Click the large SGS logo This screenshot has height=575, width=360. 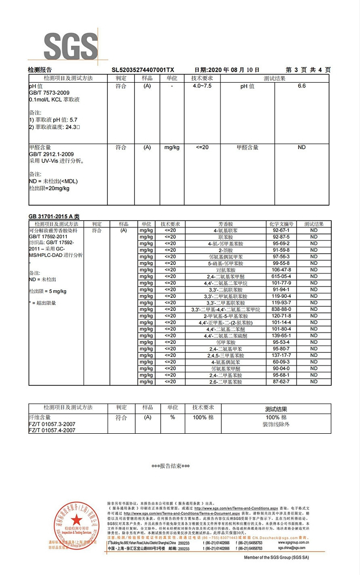pos(71,47)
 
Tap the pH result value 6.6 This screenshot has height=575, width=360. pos(301,86)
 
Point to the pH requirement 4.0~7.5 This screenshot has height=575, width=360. pos(202,86)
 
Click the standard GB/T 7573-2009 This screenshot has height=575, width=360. pos(49,92)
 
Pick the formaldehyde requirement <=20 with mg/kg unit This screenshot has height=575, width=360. pos(202,147)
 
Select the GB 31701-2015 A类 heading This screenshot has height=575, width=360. pos(54,217)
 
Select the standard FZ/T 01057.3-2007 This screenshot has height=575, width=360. pos(52,424)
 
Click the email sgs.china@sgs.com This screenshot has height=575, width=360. pos(291,548)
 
